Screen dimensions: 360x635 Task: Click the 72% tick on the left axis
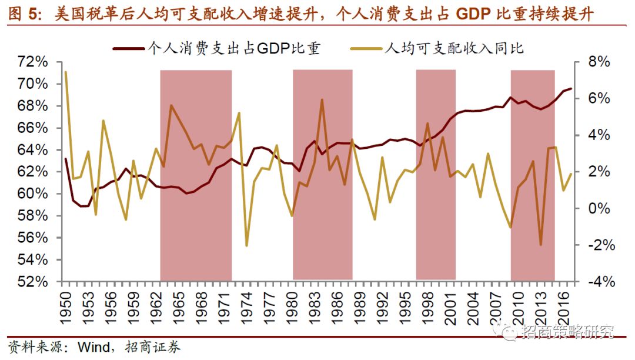(x=33, y=62)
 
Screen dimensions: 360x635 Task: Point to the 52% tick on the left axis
(x=33, y=282)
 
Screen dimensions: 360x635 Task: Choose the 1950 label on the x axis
(x=65, y=302)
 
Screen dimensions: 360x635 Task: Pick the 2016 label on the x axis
(x=562, y=302)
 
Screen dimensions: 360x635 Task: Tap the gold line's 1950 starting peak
(x=65, y=72)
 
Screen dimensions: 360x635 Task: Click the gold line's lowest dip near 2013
(x=540, y=245)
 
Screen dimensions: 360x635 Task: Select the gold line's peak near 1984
(x=322, y=99)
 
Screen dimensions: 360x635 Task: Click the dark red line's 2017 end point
(x=570, y=88)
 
